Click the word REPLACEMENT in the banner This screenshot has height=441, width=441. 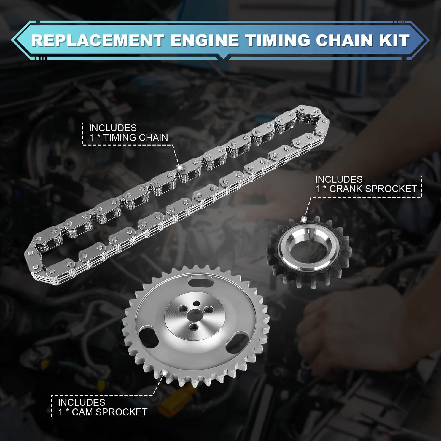[98, 40]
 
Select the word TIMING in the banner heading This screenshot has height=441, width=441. [277, 40]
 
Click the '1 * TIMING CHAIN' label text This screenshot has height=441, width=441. [128, 137]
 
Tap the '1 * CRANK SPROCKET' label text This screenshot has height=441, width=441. [366, 189]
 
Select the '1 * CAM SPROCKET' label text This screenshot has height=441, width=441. [103, 412]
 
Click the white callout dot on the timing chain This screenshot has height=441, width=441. [179, 167]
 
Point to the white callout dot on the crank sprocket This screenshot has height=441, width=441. [304, 219]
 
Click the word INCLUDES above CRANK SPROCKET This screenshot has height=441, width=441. [339, 179]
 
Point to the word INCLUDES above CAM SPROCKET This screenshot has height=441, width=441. [82, 402]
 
